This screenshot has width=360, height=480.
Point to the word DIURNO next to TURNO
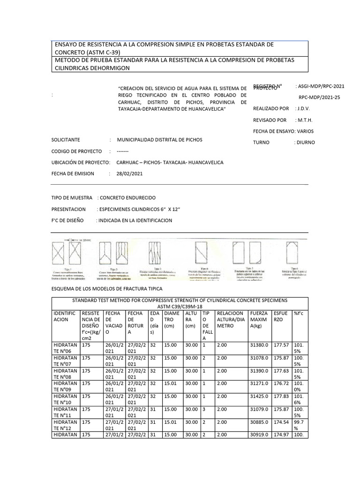tap(305, 142)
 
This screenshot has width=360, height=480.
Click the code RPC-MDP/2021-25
tap(320, 97)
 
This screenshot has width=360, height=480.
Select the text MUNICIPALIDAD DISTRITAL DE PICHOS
tap(160, 140)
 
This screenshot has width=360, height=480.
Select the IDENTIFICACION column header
tap(64, 316)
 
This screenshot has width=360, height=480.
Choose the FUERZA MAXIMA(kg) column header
tap(259, 319)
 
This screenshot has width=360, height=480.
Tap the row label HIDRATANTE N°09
tap(64, 385)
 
